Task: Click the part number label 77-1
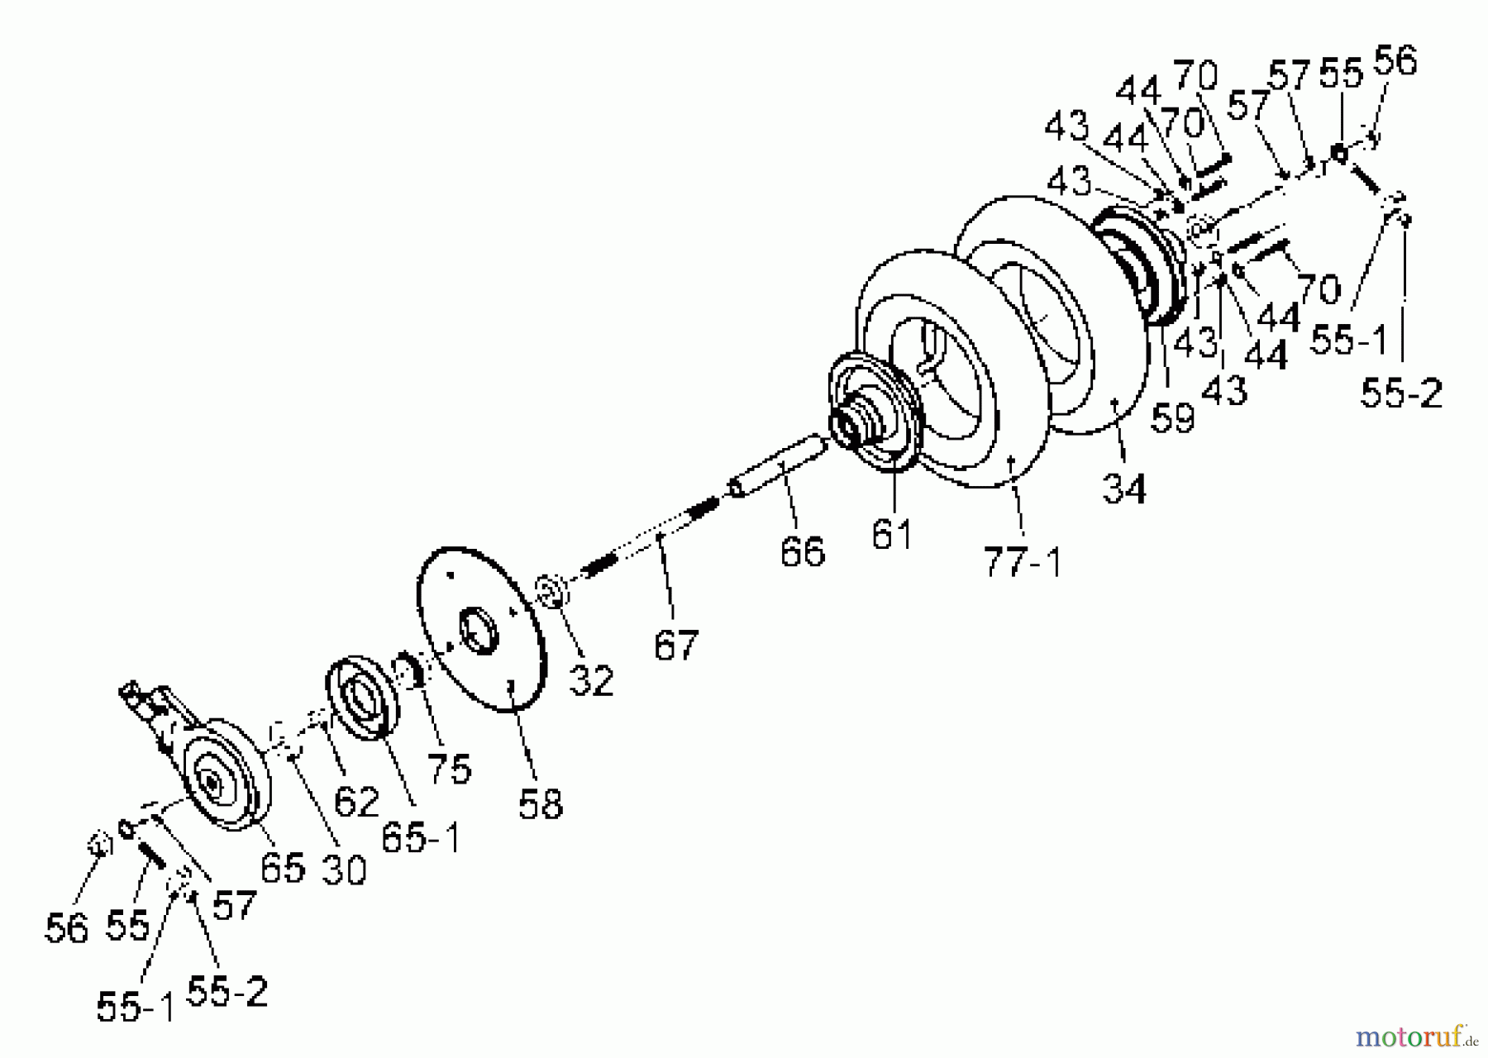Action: [x=1022, y=562]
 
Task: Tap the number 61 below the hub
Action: [x=892, y=535]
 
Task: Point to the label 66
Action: [x=802, y=551]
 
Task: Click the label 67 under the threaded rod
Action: [x=676, y=645]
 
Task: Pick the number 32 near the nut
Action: [x=592, y=681]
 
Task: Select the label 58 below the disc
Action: [x=541, y=803]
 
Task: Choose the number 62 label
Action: [x=356, y=802]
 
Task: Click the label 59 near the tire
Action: [x=1172, y=417]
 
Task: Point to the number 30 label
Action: [x=343, y=870]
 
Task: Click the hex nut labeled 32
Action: [x=550, y=592]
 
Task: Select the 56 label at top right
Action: [x=1395, y=61]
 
